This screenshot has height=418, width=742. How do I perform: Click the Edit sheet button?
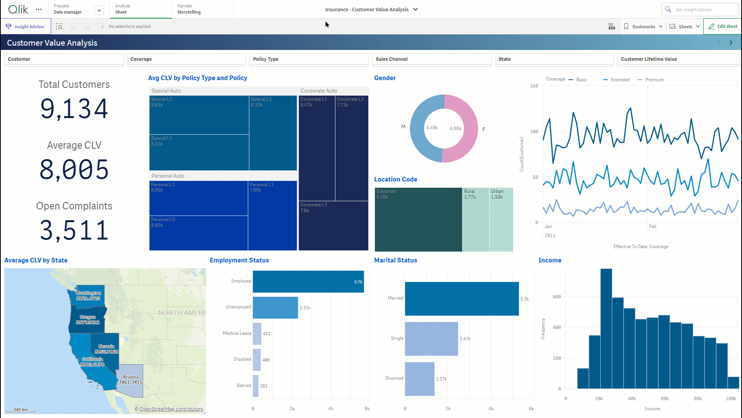(x=723, y=26)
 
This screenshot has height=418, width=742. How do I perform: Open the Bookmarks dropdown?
(x=643, y=26)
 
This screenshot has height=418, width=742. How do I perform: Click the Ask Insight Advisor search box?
(x=701, y=10)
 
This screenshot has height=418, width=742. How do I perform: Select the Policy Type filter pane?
(x=309, y=59)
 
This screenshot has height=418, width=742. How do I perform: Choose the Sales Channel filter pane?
(x=431, y=59)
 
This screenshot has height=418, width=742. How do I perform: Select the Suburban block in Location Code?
(x=418, y=219)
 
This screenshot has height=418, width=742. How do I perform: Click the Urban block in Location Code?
(x=501, y=219)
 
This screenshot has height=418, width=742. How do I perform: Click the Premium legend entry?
(x=654, y=80)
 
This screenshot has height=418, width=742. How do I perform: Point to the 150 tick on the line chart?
(x=534, y=86)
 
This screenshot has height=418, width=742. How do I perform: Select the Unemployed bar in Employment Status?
(x=275, y=308)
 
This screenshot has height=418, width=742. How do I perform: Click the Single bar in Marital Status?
(x=431, y=339)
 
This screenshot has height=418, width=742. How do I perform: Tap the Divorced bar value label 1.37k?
(x=441, y=379)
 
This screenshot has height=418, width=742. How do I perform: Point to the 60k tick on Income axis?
(x=665, y=399)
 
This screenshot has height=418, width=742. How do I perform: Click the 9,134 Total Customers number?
(x=74, y=109)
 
